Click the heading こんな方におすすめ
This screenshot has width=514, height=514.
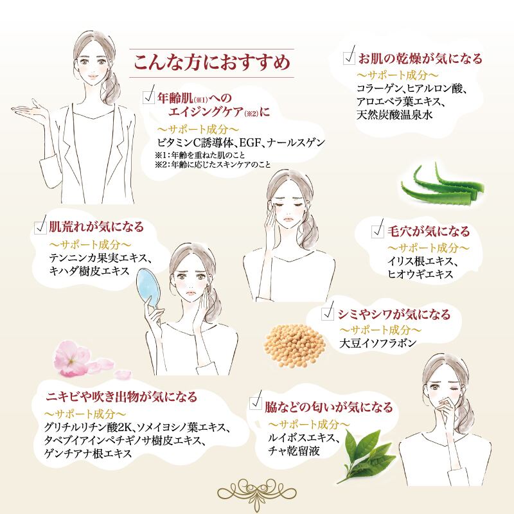click(212, 62)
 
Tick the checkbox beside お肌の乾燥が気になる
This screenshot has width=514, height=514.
click(350, 58)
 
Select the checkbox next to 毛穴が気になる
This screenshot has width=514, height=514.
click(378, 231)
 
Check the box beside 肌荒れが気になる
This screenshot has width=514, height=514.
click(40, 227)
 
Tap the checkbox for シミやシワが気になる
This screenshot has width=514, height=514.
click(328, 314)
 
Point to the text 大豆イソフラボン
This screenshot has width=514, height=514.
click(378, 343)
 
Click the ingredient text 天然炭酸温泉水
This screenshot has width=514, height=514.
click(394, 115)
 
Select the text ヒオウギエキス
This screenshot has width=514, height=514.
click(420, 274)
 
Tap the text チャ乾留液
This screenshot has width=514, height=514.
click(294, 451)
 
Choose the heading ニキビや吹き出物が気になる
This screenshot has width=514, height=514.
click(121, 396)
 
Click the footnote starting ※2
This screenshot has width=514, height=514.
click(213, 164)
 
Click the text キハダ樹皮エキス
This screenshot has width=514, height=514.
click(89, 271)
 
